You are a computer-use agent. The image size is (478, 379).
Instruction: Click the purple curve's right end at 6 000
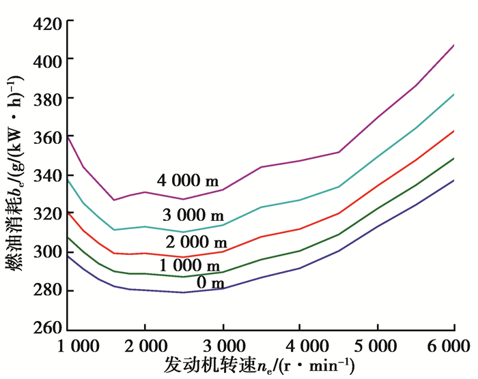[454, 45]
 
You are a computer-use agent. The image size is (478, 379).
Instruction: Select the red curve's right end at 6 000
[454, 130]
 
